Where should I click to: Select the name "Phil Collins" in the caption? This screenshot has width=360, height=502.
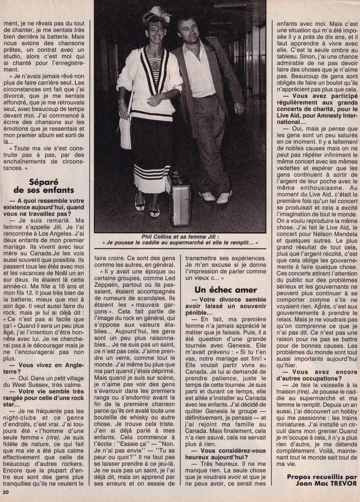140,235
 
